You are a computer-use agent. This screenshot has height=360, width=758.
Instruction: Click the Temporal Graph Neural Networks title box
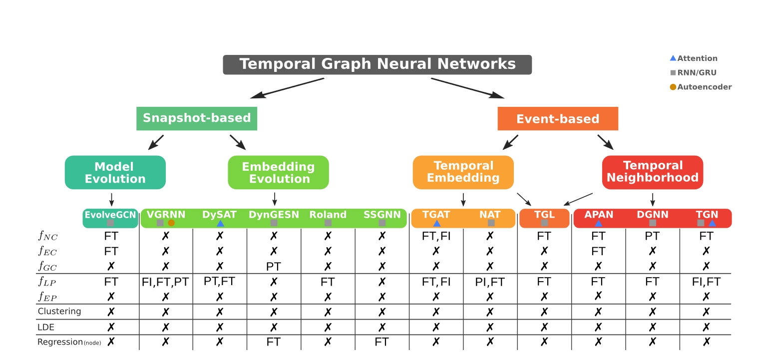pos(378,64)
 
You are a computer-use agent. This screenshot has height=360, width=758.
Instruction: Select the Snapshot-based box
pos(197,118)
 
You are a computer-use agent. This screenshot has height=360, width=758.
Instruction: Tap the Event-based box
pos(558,118)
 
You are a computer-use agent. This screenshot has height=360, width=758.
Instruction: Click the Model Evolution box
pos(115,172)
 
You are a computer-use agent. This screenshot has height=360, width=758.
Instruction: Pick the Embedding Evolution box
pos(278,172)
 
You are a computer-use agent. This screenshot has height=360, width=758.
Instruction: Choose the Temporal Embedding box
pos(463,172)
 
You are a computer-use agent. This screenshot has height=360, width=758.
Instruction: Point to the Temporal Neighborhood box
pos(653,172)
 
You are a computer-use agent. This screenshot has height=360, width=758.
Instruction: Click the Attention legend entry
pos(694,58)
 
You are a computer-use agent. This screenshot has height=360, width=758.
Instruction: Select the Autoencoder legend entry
pos(701,87)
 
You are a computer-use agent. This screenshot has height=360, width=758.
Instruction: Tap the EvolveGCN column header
pos(110,218)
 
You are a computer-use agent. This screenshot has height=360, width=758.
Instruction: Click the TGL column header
pos(544,218)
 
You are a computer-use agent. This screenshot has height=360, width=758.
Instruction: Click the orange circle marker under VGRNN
pos(171,223)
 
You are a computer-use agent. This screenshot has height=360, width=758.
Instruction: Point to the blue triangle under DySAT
pos(220,223)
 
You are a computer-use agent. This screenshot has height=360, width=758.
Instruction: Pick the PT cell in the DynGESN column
pos(274,267)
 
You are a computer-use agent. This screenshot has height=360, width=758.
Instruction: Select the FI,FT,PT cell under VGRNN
pos(165,282)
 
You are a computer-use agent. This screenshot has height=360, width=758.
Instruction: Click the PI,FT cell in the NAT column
pos(490,282)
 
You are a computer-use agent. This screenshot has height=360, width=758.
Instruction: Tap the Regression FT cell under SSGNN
pos(381,342)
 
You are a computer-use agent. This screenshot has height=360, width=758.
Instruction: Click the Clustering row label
pos(59,311)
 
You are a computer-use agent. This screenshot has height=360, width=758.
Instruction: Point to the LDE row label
pos(45,327)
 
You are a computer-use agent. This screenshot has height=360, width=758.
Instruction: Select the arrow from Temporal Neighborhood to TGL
pos(578,199)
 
